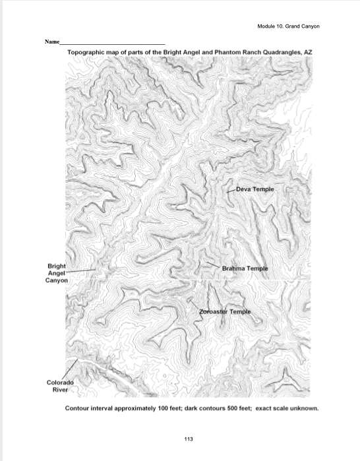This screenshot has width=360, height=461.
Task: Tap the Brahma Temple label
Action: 245,268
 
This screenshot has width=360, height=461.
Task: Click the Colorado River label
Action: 59,386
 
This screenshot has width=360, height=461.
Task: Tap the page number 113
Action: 180,437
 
